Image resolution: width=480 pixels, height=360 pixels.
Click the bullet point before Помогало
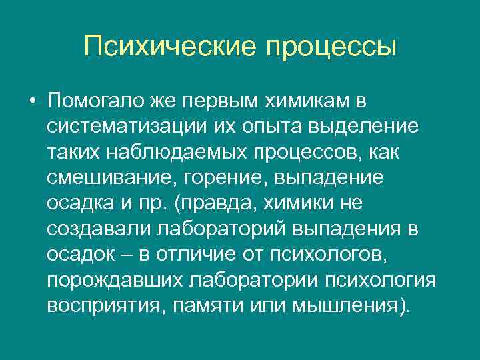pyautogui.click(x=32, y=101)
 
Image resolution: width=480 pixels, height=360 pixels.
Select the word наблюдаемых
pyautogui.click(x=176, y=151)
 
